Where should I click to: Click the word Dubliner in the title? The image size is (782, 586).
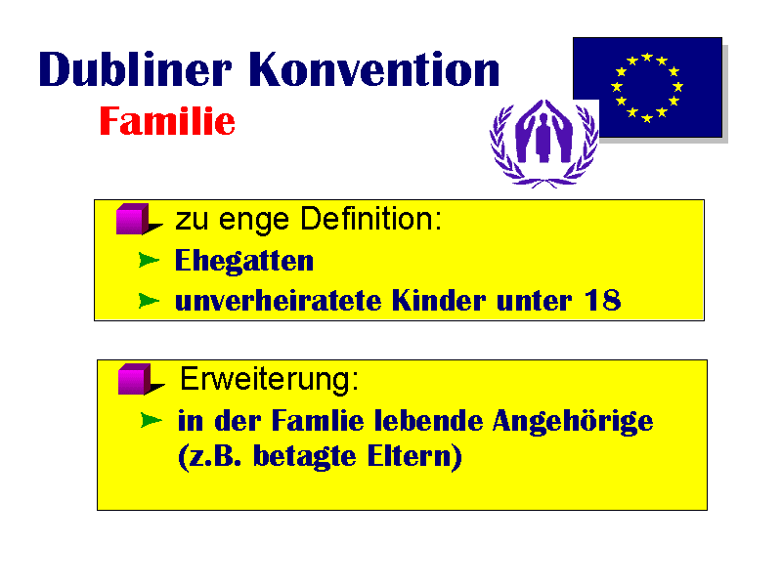click(x=135, y=68)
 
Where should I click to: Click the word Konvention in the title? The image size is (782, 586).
click(x=374, y=68)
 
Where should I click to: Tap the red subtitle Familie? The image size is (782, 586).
click(x=167, y=121)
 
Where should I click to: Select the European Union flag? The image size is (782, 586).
click(x=647, y=87)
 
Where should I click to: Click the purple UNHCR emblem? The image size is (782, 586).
click(x=543, y=143)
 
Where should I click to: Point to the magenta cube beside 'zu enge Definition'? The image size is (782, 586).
click(x=133, y=219)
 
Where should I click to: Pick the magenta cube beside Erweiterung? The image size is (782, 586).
click(x=135, y=379)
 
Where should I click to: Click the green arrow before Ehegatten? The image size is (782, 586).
click(x=149, y=260)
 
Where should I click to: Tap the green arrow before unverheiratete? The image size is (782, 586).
click(x=149, y=301)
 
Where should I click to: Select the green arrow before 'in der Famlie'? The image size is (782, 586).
click(x=152, y=420)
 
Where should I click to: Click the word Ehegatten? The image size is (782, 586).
click(x=244, y=261)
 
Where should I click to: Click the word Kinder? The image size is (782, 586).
click(x=438, y=300)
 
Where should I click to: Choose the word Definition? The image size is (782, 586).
click(x=371, y=219)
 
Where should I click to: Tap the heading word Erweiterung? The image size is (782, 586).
click(x=270, y=380)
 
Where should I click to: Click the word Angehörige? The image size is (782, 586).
click(x=573, y=422)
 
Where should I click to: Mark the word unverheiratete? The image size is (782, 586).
click(x=279, y=301)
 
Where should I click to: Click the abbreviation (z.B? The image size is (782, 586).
click(x=210, y=457)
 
